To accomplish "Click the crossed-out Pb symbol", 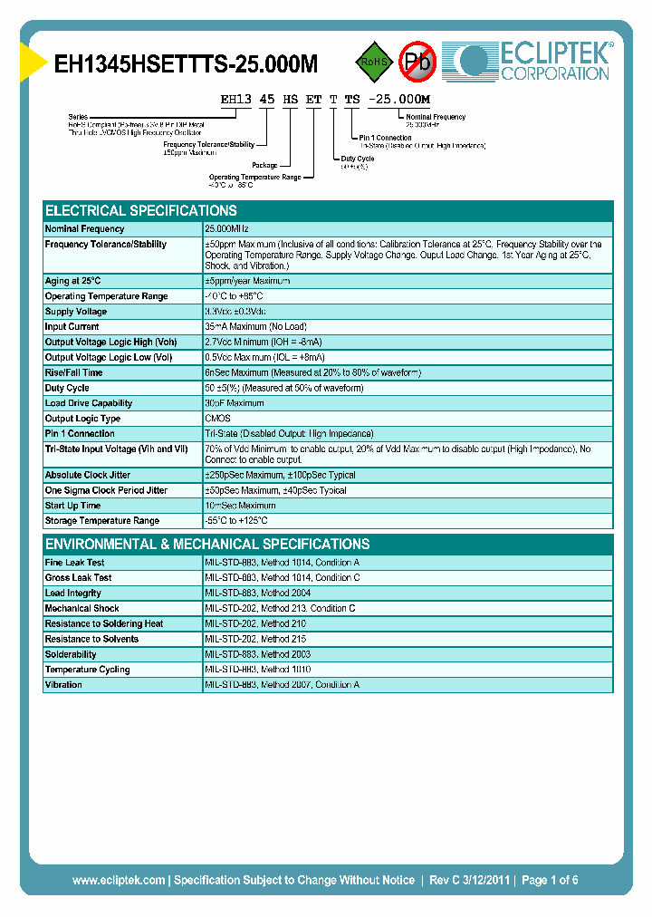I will pos(418,63).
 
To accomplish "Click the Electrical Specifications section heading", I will pos(141,210).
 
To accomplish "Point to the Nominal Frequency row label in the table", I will pos(85,229).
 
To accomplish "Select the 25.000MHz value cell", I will pos(226,229).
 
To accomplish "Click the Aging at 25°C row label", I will pos(73,281).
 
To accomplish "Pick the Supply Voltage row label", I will pos(76,312).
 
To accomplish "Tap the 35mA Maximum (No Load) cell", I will pos(255,327).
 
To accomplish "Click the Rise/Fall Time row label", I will pos(74,372).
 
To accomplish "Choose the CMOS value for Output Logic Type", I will pos(218,419).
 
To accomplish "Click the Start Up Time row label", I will pos(73,506).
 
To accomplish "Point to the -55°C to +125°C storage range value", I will pos(236,521).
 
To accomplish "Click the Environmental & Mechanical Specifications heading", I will pos(207,545).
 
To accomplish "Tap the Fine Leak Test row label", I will pos(75,563).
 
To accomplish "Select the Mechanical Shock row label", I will pos(82,608).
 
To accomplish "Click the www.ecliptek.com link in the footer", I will pos(119,880).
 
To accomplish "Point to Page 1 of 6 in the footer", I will pos(550,880).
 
